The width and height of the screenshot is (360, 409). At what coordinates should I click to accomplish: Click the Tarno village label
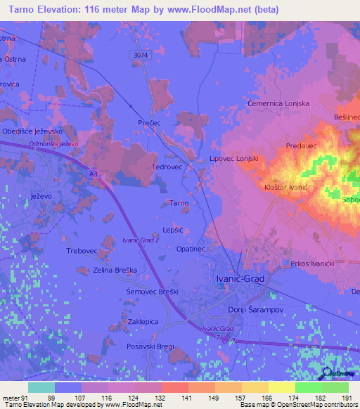[x=178, y=203]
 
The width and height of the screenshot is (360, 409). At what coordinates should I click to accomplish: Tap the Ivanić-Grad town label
[x=238, y=279]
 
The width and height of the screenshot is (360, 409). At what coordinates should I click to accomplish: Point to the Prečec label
[x=149, y=122]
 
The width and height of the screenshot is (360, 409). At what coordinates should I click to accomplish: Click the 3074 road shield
[x=140, y=54]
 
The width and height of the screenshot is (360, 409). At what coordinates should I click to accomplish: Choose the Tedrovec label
[x=167, y=167]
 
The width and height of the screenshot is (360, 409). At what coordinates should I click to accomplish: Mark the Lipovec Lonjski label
[x=234, y=160]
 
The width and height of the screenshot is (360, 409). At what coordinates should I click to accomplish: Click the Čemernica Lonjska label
[x=278, y=103]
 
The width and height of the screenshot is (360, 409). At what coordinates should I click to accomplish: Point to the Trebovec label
[x=81, y=251]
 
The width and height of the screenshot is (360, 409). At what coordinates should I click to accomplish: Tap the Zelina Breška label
[x=112, y=269]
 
